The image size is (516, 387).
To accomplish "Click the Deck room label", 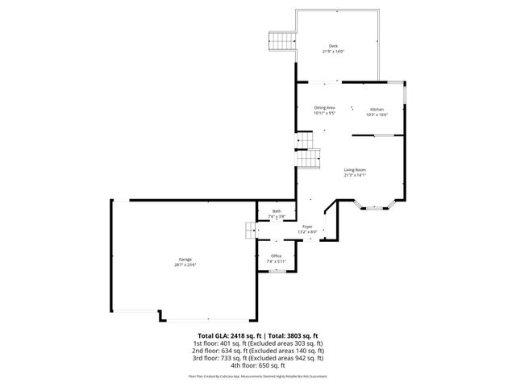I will coord(333,45).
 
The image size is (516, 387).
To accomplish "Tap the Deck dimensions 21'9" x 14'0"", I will coord(333,52).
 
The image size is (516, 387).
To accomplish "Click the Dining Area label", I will coord(324,107).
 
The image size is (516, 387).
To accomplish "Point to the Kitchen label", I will coord(377,110).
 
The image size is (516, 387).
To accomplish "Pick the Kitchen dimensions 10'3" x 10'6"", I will coord(377,115).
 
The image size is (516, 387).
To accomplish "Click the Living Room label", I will coord(355,169).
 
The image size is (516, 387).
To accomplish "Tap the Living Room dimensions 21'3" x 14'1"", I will coord(355,175).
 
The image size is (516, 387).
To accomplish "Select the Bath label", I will coord(277,211).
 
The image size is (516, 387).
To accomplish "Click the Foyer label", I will coord(307,227).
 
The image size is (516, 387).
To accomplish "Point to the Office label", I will coord(277,256).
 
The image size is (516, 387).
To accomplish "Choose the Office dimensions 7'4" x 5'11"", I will coord(277,261).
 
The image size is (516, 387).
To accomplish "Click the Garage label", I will coord(185,259).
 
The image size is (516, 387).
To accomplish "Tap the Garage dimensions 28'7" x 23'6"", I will coord(185,264).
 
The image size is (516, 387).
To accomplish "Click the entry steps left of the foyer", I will coord(250,231).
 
